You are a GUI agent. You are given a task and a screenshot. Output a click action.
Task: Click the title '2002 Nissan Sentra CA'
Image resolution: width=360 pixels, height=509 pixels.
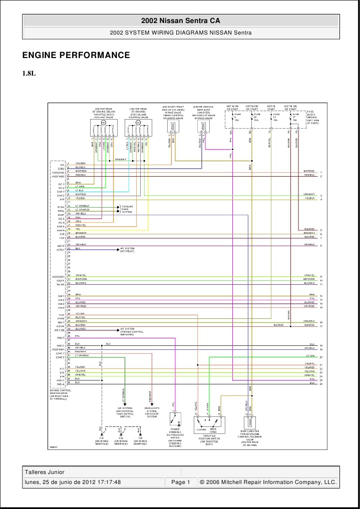click(180, 21)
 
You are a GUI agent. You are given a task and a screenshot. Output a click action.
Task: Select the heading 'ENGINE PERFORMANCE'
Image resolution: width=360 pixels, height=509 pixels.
click(76, 55)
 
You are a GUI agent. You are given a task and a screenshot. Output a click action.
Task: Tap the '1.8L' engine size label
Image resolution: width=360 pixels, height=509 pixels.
click(29, 73)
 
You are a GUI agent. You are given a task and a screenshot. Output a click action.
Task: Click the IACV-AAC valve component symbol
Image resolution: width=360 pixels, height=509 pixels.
click(104, 129)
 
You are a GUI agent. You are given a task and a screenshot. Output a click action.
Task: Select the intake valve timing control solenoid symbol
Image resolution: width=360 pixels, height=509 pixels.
click(173, 127)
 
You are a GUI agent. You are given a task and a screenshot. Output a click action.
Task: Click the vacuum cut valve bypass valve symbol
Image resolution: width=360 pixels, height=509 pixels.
click(203, 127)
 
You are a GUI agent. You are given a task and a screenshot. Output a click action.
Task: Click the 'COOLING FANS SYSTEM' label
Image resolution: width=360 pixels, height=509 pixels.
click(127, 209)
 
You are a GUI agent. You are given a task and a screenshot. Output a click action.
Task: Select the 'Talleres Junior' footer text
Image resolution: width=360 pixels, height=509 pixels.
click(45, 472)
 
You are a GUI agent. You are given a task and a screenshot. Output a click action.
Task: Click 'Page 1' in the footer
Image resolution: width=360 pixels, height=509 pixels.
click(181, 482)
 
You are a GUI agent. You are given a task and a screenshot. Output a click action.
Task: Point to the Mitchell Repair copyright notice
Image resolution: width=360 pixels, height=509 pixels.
click(268, 482)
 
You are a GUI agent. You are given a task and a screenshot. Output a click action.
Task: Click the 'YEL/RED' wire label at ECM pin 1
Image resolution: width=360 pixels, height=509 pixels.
click(80, 163)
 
